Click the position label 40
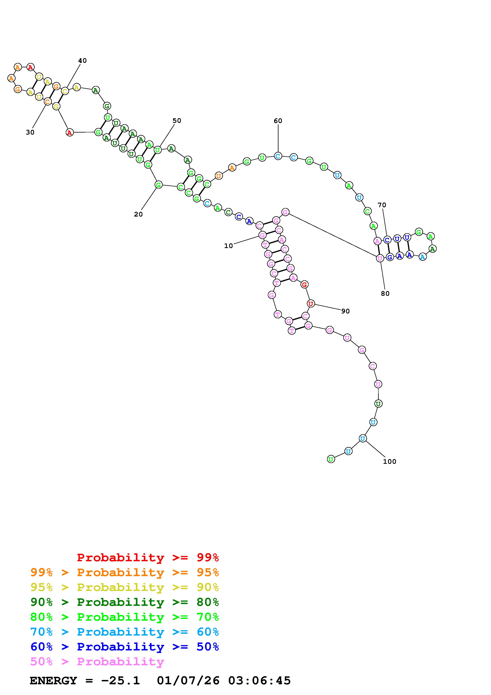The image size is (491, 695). [82, 61]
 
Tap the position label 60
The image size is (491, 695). [278, 121]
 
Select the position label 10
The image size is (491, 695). [228, 246]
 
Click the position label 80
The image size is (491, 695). [385, 294]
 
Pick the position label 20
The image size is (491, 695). [138, 214]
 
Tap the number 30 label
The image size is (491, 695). [30, 132]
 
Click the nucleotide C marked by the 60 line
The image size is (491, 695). [278, 156]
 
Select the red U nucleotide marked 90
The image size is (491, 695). [311, 304]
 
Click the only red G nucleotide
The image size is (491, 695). [304, 284]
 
